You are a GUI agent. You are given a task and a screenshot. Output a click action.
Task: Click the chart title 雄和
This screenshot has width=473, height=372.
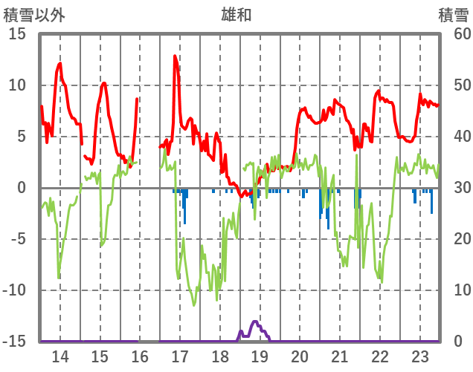(236, 14)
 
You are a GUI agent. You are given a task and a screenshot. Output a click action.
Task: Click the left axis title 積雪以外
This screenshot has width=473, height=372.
(32, 14)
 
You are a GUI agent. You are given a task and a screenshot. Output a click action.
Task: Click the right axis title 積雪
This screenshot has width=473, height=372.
(452, 14)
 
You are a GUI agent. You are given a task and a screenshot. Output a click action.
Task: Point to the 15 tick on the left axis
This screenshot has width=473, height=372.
(17, 34)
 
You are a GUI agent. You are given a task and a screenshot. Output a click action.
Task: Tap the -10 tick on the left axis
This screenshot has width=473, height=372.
(14, 290)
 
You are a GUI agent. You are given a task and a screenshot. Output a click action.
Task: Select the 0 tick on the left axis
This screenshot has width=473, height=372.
(22, 188)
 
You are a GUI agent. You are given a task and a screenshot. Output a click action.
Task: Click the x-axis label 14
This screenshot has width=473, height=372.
(60, 356)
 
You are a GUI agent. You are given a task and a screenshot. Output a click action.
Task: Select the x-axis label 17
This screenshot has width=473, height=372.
(180, 356)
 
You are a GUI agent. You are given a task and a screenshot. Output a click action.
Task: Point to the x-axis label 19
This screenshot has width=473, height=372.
(260, 356)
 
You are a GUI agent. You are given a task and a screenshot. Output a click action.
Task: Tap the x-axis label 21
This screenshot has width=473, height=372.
(340, 356)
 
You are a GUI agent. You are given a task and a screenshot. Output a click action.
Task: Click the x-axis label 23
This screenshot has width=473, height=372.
(419, 356)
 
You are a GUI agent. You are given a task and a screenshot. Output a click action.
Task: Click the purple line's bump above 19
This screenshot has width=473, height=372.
(255, 322)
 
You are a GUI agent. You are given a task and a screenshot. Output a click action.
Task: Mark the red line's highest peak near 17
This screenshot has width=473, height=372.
(176, 56)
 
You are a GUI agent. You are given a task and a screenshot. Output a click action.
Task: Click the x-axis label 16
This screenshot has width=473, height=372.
(140, 356)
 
